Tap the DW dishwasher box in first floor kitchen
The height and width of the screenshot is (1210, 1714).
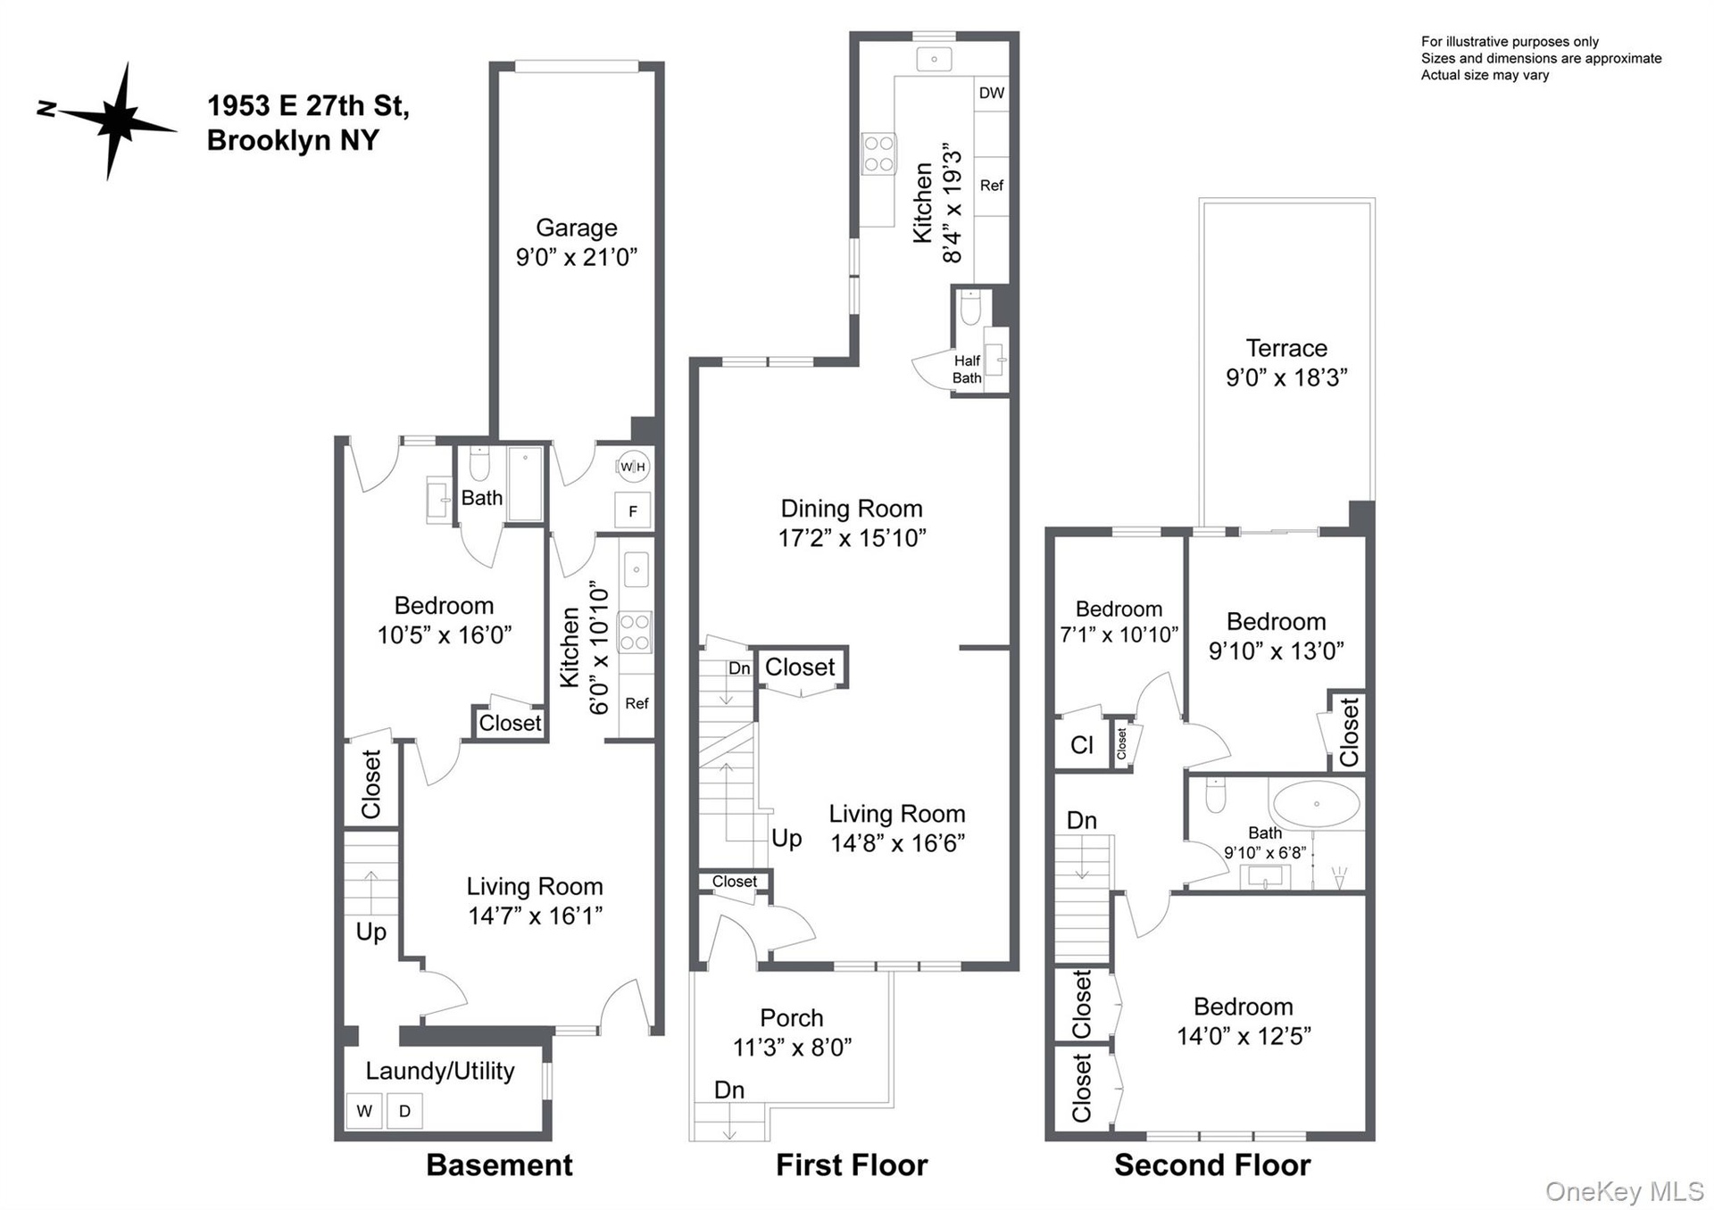(x=991, y=93)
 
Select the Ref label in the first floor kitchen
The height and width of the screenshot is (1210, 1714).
(x=991, y=186)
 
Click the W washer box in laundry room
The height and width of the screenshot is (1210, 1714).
(x=364, y=1111)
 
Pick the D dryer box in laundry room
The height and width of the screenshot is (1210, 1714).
(x=404, y=1111)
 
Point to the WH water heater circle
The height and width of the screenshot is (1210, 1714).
(x=633, y=467)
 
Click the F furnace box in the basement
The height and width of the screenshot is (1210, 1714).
(x=633, y=511)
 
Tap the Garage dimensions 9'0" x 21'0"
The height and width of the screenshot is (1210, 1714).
(x=577, y=257)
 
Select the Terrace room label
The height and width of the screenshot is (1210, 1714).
(x=1286, y=348)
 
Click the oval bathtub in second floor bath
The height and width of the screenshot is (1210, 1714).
(x=1316, y=805)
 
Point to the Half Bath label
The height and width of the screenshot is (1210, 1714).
(x=967, y=369)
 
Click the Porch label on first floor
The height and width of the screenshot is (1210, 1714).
(x=792, y=1018)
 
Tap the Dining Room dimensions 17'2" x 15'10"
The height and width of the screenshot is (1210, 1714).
(x=852, y=538)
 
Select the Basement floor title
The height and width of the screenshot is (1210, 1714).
(x=500, y=1165)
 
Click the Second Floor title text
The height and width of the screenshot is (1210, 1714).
(x=1212, y=1165)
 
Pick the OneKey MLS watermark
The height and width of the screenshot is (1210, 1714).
(x=1625, y=1191)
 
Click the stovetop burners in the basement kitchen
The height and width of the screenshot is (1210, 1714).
(x=635, y=632)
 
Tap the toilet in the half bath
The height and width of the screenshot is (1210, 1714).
(x=970, y=307)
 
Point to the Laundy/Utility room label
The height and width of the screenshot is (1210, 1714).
(x=440, y=1072)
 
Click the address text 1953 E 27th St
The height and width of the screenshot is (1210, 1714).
(x=308, y=106)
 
